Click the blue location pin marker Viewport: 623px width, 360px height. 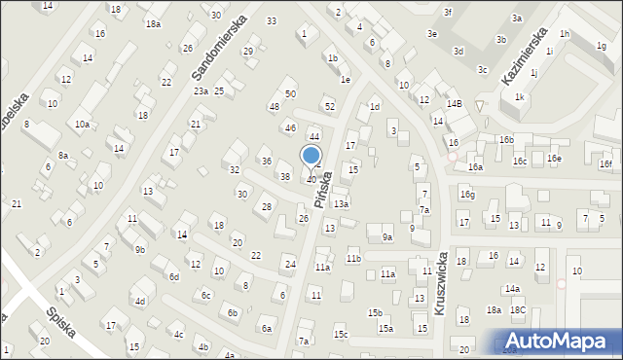pos(311,157)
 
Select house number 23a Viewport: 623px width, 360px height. pos(201,90)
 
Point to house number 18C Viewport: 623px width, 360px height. pos(518,309)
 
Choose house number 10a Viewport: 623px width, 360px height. pos(83,124)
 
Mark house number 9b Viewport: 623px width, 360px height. pos(140,250)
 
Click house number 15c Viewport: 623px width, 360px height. pos(341,335)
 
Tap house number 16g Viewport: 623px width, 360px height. pos(467,195)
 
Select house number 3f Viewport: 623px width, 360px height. pos(448,12)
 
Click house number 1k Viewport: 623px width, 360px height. pos(520,96)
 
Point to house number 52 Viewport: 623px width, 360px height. pos(329,106)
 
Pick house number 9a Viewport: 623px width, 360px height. pos(386,236)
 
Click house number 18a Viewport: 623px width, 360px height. pos(494,309)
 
